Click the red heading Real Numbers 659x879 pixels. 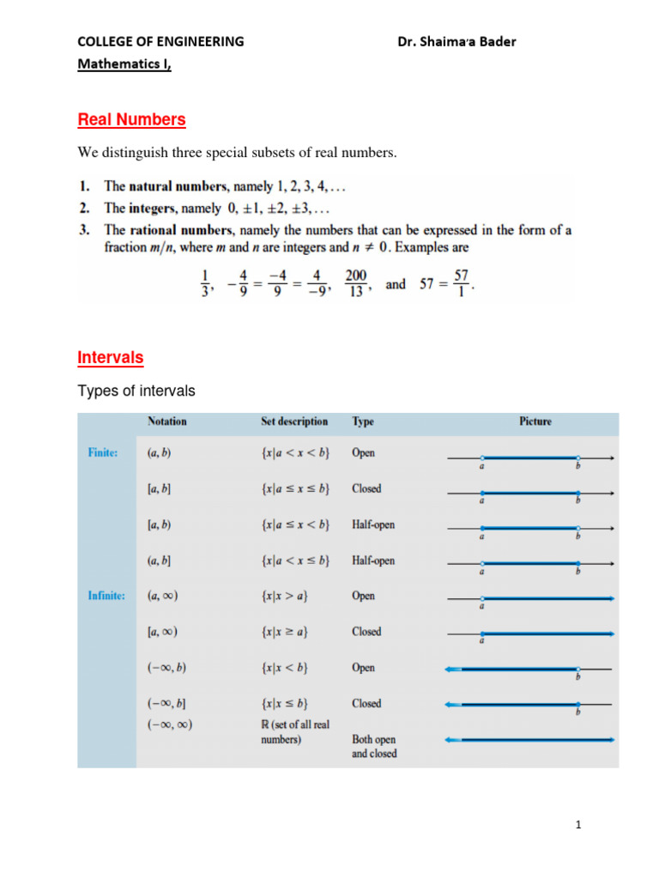pyautogui.click(x=131, y=119)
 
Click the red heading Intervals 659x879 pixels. pyautogui.click(x=110, y=357)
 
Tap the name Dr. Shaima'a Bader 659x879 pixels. pyautogui.click(x=457, y=41)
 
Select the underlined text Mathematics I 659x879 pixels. pyautogui.click(x=124, y=64)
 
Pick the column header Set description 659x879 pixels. pyautogui.click(x=294, y=421)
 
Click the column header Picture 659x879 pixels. pyautogui.click(x=535, y=421)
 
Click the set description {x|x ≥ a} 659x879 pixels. pyautogui.click(x=285, y=632)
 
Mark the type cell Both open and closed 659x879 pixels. pyautogui.click(x=374, y=746)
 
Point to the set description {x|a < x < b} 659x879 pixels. pyautogui.click(x=295, y=452)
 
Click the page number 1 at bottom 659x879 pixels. pyautogui.click(x=579, y=826)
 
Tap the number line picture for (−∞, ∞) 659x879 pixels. pyautogui.click(x=529, y=739)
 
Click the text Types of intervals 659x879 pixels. pyautogui.click(x=136, y=391)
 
